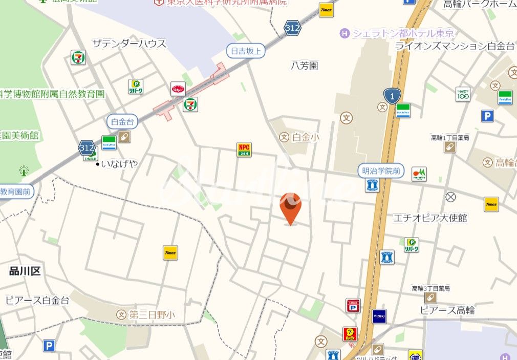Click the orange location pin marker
click(290, 207)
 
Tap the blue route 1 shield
click(392, 95)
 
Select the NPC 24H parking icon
click(244, 150)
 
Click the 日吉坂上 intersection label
click(246, 51)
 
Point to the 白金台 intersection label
click(122, 121)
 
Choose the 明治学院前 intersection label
click(380, 171)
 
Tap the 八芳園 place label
click(305, 66)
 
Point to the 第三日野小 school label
click(152, 314)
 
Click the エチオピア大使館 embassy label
click(430, 218)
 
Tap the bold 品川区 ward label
click(25, 271)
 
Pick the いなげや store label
click(120, 164)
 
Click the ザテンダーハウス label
click(129, 44)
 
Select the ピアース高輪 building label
click(447, 310)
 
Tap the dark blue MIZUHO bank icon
click(379, 316)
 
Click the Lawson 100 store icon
click(463, 94)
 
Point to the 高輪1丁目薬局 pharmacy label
click(450, 138)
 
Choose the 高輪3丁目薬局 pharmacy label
click(431, 289)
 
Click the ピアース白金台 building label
click(37, 301)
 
